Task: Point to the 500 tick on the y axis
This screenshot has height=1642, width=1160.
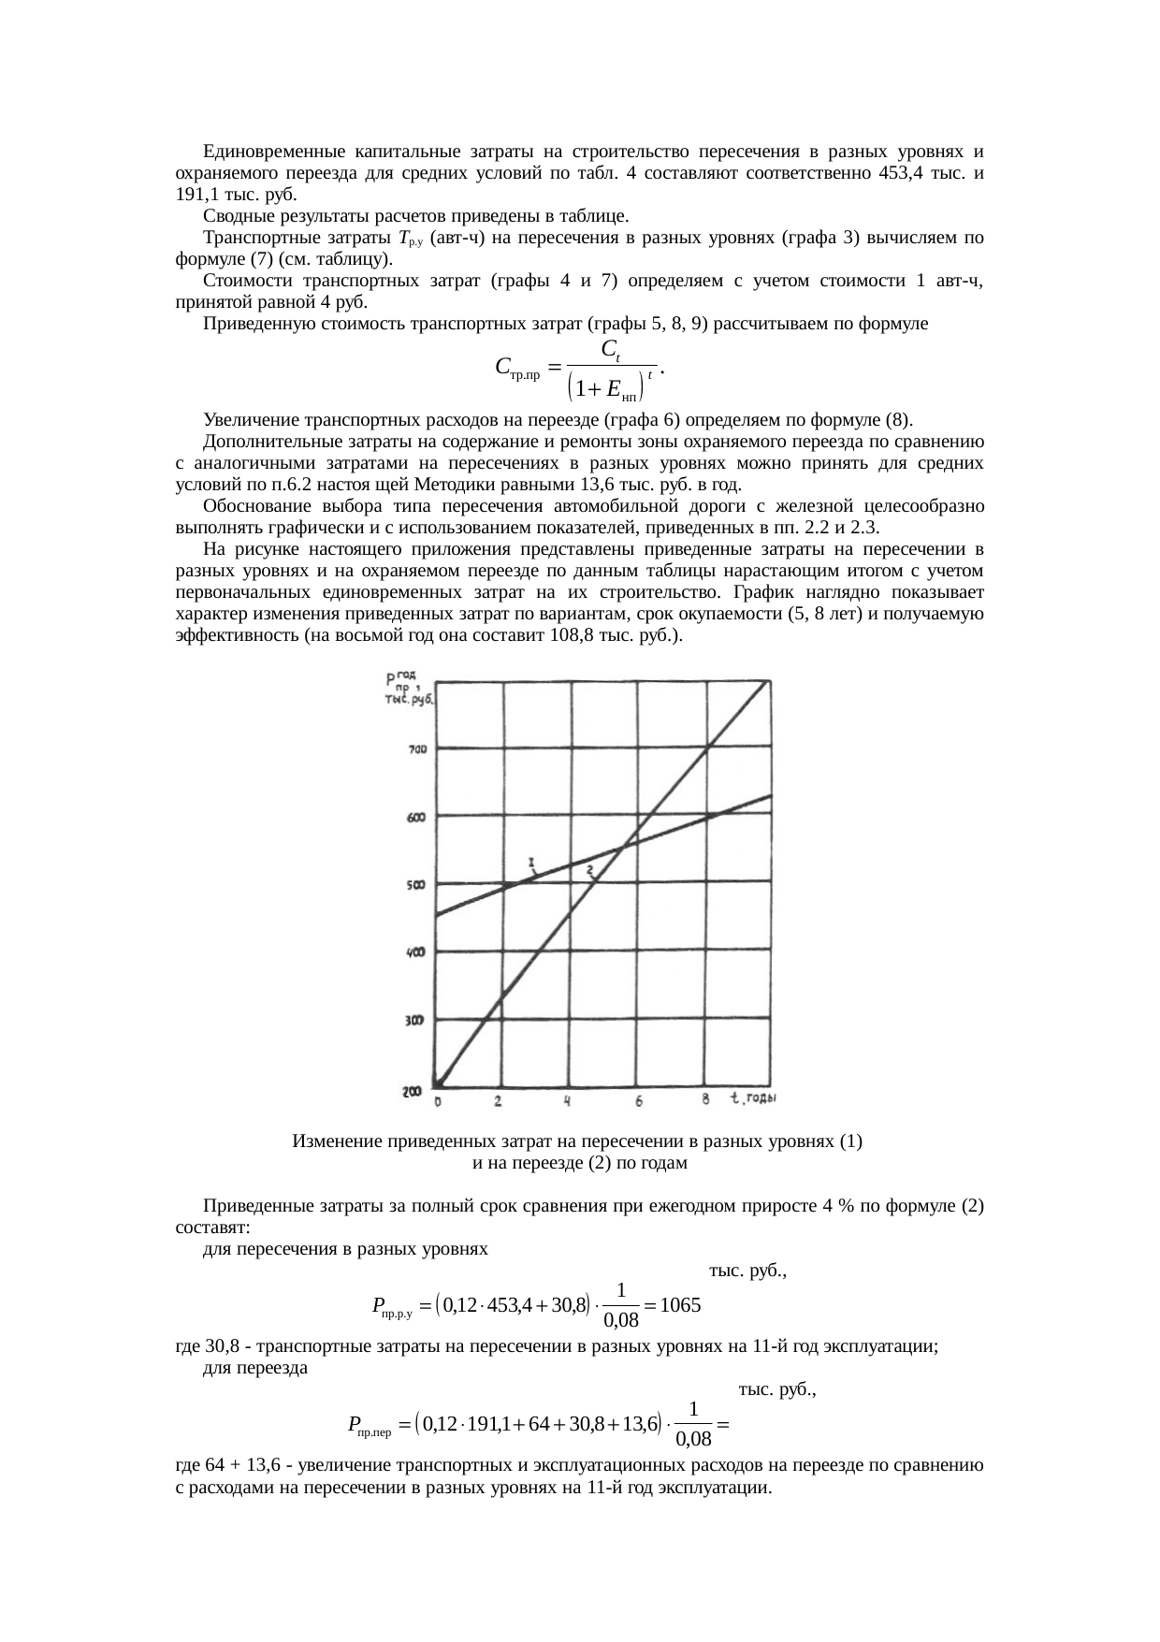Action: (416, 885)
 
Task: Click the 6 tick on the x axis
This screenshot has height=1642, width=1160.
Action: (639, 1102)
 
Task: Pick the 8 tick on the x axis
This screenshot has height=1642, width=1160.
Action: (706, 1100)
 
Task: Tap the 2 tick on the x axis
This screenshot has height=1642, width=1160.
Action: (498, 1102)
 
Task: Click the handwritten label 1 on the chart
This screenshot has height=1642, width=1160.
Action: (530, 861)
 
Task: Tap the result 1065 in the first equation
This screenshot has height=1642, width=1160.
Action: (680, 1304)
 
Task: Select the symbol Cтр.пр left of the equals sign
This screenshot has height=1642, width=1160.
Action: (516, 368)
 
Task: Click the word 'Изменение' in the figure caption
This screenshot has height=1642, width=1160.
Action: (336, 1141)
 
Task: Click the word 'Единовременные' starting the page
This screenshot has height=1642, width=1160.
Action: (268, 152)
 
